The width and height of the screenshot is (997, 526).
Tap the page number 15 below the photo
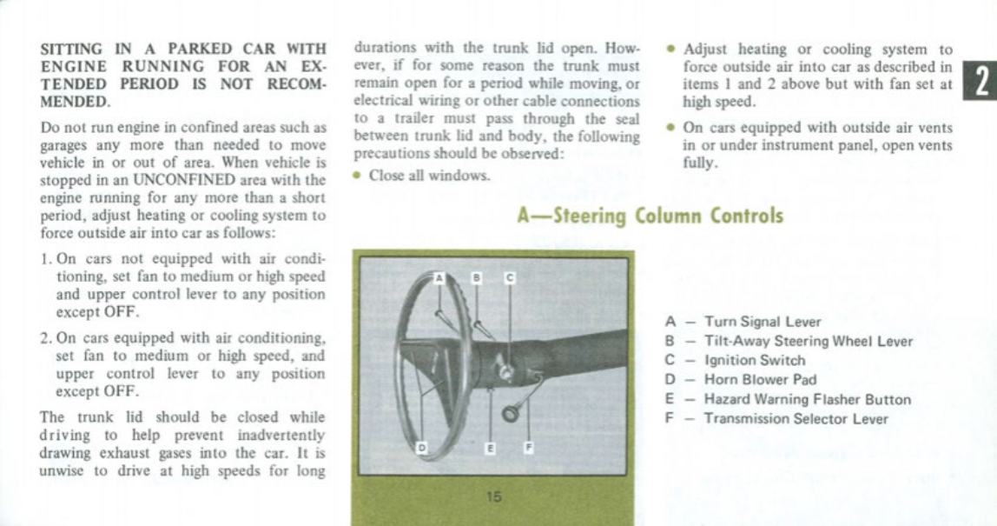[493, 497]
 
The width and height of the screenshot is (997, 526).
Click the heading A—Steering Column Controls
[650, 215]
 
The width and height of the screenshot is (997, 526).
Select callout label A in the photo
[439, 278]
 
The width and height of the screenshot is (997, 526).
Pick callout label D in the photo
[423, 447]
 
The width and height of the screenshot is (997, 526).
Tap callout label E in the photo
[491, 448]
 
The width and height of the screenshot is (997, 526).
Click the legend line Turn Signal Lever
[762, 322]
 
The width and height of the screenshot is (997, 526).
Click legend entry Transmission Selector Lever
[796, 419]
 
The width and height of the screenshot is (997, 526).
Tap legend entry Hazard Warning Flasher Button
[807, 400]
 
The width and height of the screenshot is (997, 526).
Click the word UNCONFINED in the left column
[195, 181]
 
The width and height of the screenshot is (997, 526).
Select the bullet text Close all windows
[429, 176]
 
